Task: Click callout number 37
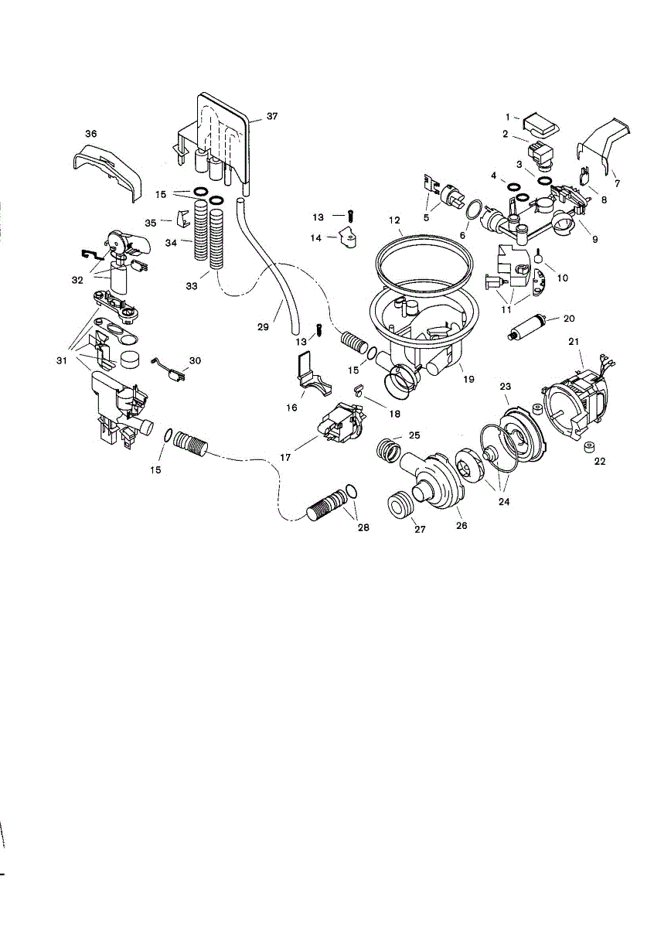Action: click(271, 116)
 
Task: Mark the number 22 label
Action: click(599, 462)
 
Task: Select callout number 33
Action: click(192, 285)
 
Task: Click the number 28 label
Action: click(363, 528)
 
